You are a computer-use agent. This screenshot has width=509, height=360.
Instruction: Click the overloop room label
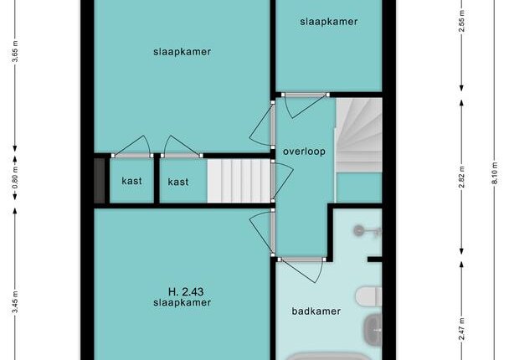(304, 152)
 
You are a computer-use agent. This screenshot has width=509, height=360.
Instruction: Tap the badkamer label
(316, 311)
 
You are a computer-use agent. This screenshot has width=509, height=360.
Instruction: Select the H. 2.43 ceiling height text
(186, 291)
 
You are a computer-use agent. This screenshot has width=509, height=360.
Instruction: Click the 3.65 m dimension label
(15, 52)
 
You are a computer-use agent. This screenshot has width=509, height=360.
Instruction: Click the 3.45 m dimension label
(15, 302)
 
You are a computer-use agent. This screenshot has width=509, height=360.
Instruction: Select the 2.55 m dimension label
(461, 21)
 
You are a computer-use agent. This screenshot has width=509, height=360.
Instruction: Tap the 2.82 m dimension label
(461, 177)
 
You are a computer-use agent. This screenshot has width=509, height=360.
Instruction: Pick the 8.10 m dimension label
(495, 172)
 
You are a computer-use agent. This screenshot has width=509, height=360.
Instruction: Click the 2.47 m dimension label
(461, 329)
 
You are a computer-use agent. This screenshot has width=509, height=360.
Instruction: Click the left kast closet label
(131, 181)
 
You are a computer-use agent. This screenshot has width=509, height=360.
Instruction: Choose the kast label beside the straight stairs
(178, 182)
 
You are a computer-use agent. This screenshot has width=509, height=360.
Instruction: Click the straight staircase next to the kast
(239, 181)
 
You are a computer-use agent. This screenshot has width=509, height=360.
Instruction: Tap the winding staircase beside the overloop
(359, 135)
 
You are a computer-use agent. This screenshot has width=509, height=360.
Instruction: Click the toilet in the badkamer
(368, 296)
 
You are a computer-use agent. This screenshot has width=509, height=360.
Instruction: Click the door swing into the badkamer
(302, 270)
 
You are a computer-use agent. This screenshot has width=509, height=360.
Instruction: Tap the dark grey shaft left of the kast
(100, 181)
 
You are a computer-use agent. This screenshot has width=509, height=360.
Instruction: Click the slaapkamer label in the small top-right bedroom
(329, 22)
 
